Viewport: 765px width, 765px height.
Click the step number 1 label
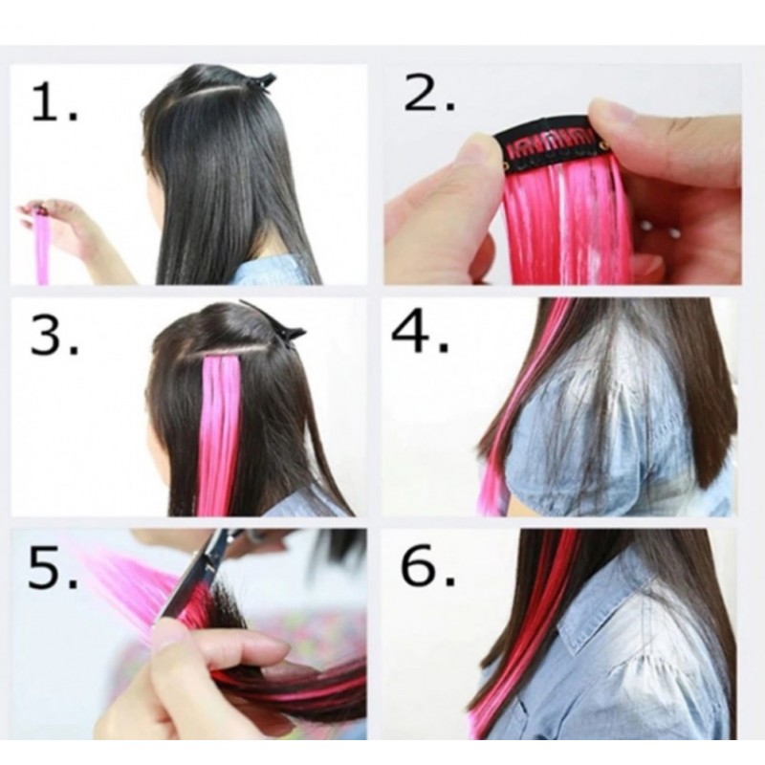[55, 101]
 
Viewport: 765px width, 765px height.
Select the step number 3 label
[55, 336]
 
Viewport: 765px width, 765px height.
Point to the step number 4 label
[420, 332]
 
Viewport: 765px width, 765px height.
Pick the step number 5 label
[53, 567]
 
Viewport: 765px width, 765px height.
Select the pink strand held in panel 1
[42, 247]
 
